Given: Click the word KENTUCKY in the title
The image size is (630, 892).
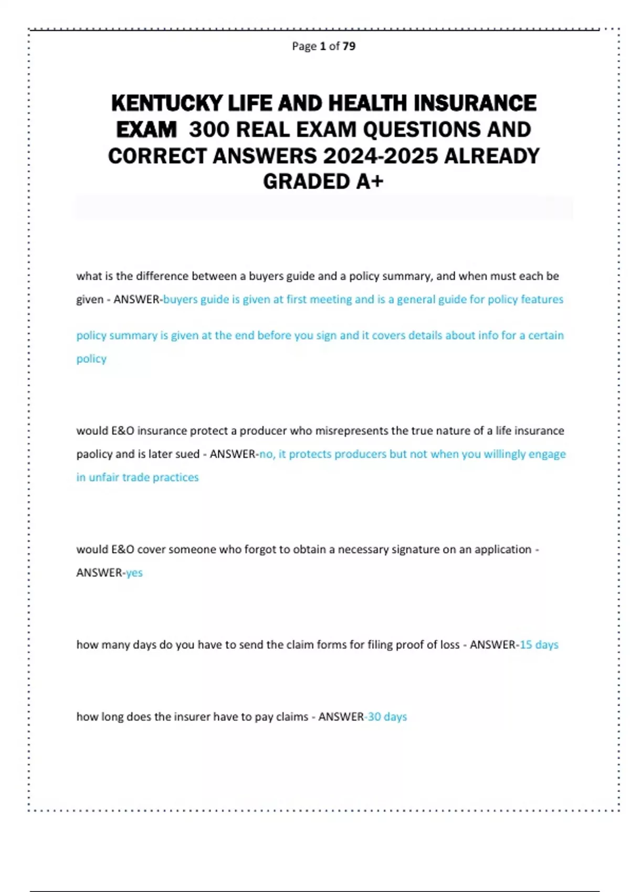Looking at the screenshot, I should pos(167,103).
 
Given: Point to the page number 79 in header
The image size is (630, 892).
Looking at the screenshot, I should pos(349,46).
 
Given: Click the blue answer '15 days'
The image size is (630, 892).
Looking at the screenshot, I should pos(539,644).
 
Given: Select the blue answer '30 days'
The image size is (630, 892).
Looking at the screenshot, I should pos(387,716).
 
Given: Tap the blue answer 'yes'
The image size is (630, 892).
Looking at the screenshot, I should pos(134,572).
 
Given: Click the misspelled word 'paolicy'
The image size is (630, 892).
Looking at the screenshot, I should pos(94,454).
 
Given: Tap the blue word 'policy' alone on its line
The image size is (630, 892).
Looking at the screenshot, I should pos(91,359).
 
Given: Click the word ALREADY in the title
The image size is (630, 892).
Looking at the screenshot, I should pos(491,156).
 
